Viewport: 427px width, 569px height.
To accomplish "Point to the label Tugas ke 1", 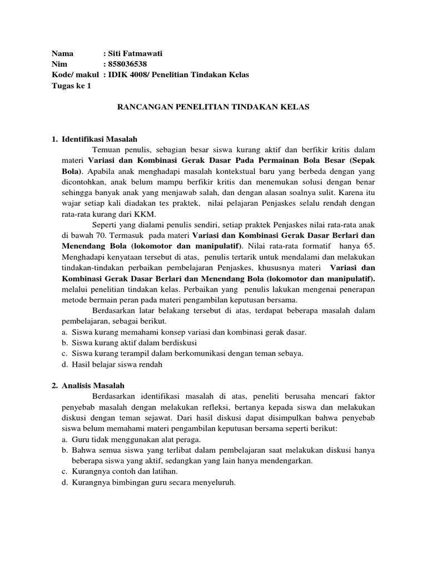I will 71,86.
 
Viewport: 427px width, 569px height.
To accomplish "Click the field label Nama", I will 63,54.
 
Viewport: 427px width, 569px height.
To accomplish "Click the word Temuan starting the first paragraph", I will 107,150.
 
